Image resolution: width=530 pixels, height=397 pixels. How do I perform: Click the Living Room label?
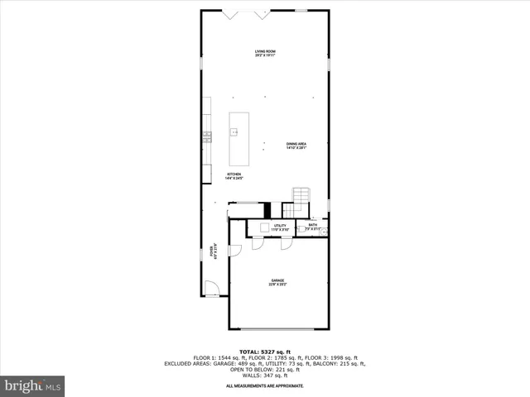(x=265, y=54)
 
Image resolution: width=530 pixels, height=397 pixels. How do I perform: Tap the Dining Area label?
(x=296, y=146)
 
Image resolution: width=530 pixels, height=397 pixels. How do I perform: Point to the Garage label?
(x=277, y=282)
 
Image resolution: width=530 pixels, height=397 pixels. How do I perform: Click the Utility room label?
(x=280, y=227)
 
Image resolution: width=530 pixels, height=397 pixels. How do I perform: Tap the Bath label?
(x=312, y=227)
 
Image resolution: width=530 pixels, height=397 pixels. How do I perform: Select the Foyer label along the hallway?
(x=214, y=251)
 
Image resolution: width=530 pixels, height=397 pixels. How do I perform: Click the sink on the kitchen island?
(x=234, y=132)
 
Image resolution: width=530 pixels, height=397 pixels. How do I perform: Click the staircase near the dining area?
(x=300, y=195)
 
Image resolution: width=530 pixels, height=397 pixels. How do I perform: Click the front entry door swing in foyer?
(x=212, y=289)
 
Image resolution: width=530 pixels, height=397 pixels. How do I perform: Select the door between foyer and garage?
(x=235, y=249)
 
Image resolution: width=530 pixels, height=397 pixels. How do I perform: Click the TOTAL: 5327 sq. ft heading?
(x=265, y=352)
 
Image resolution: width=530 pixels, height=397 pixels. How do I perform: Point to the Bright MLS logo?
(x=32, y=385)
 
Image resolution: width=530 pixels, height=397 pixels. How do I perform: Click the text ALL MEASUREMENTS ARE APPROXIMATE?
(x=265, y=386)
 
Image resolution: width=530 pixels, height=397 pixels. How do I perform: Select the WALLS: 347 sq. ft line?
(x=265, y=375)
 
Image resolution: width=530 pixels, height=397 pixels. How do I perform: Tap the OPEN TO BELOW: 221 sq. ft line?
(x=265, y=370)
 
